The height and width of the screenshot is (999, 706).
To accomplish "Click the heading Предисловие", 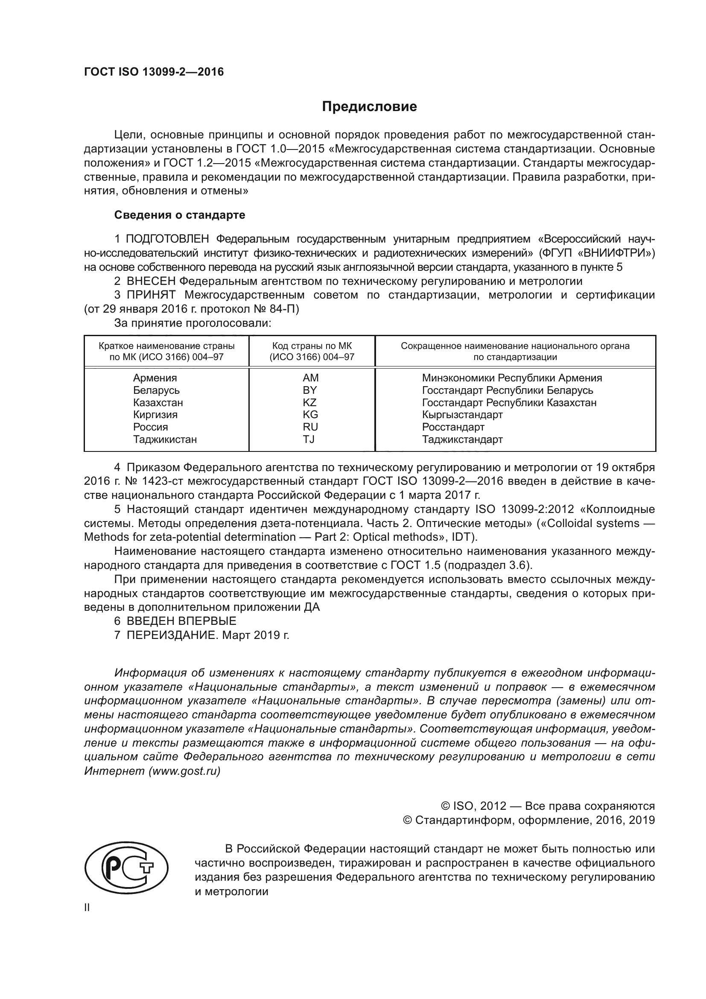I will [x=369, y=107].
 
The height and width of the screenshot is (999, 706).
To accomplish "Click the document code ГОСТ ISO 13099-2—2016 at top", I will [x=154, y=72].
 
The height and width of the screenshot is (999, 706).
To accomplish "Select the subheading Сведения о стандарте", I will [x=180, y=215].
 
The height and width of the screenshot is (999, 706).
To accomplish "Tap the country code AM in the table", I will [x=310, y=378].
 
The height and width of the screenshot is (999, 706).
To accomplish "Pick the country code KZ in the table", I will [x=310, y=402].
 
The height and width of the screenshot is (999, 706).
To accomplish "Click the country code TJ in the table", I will [x=309, y=439].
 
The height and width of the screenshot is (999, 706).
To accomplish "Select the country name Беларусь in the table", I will [x=156, y=390].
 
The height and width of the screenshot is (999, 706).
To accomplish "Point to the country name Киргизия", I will [x=155, y=415].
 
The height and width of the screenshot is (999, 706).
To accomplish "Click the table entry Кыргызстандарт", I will [x=462, y=415].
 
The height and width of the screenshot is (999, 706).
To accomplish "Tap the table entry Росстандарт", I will [x=453, y=427].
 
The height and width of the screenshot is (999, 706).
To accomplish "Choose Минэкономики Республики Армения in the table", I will [x=512, y=378].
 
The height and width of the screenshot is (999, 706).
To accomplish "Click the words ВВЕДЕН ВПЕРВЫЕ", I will [x=181, y=621].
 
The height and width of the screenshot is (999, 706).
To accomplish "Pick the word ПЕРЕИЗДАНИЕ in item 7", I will [x=171, y=635].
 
